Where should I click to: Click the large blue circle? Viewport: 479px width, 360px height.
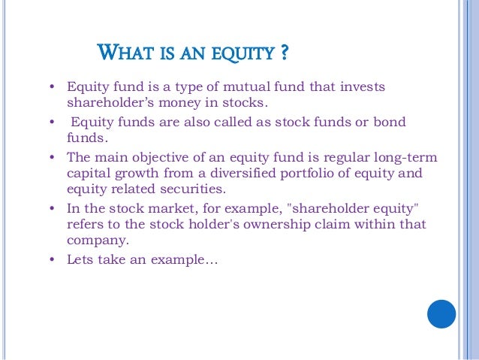coord(442,313)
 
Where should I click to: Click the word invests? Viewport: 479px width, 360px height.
coord(361,87)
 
